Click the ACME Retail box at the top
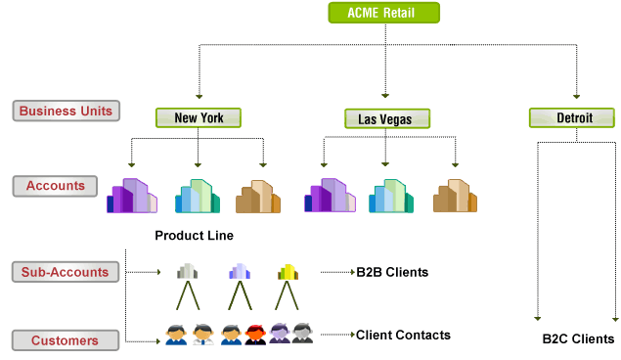click(382, 13)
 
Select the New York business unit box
click(199, 118)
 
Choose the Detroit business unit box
click(572, 118)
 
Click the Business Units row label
click(66, 110)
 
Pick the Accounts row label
click(56, 185)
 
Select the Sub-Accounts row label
click(66, 271)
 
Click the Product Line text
click(194, 236)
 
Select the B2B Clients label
click(392, 272)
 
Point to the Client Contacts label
click(403, 335)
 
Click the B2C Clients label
click(578, 339)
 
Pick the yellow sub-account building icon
click(287, 271)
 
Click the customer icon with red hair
click(255, 334)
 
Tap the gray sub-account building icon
click(187, 271)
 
